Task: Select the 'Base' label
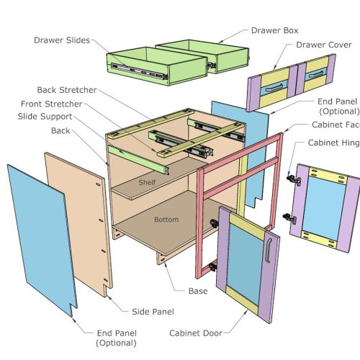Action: pyautogui.click(x=199, y=291)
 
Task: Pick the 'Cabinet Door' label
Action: pyautogui.click(x=196, y=333)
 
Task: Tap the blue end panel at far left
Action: pyautogui.click(x=40, y=238)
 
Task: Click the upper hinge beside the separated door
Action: pyautogui.click(x=292, y=178)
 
